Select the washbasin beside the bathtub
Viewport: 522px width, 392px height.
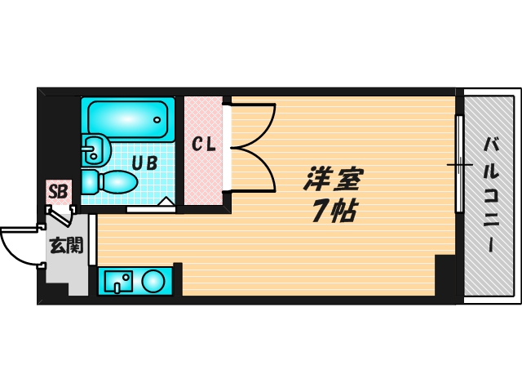[95, 149]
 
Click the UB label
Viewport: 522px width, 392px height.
[144, 162]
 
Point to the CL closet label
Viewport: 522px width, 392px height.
[203, 145]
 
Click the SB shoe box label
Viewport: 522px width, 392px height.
[58, 193]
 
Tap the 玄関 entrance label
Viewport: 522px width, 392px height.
[64, 243]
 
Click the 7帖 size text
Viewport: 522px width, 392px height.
[330, 212]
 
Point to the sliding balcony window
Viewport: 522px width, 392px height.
[459, 163]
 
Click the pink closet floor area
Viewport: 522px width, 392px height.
[203, 176]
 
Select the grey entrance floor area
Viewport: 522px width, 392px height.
[65, 269]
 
